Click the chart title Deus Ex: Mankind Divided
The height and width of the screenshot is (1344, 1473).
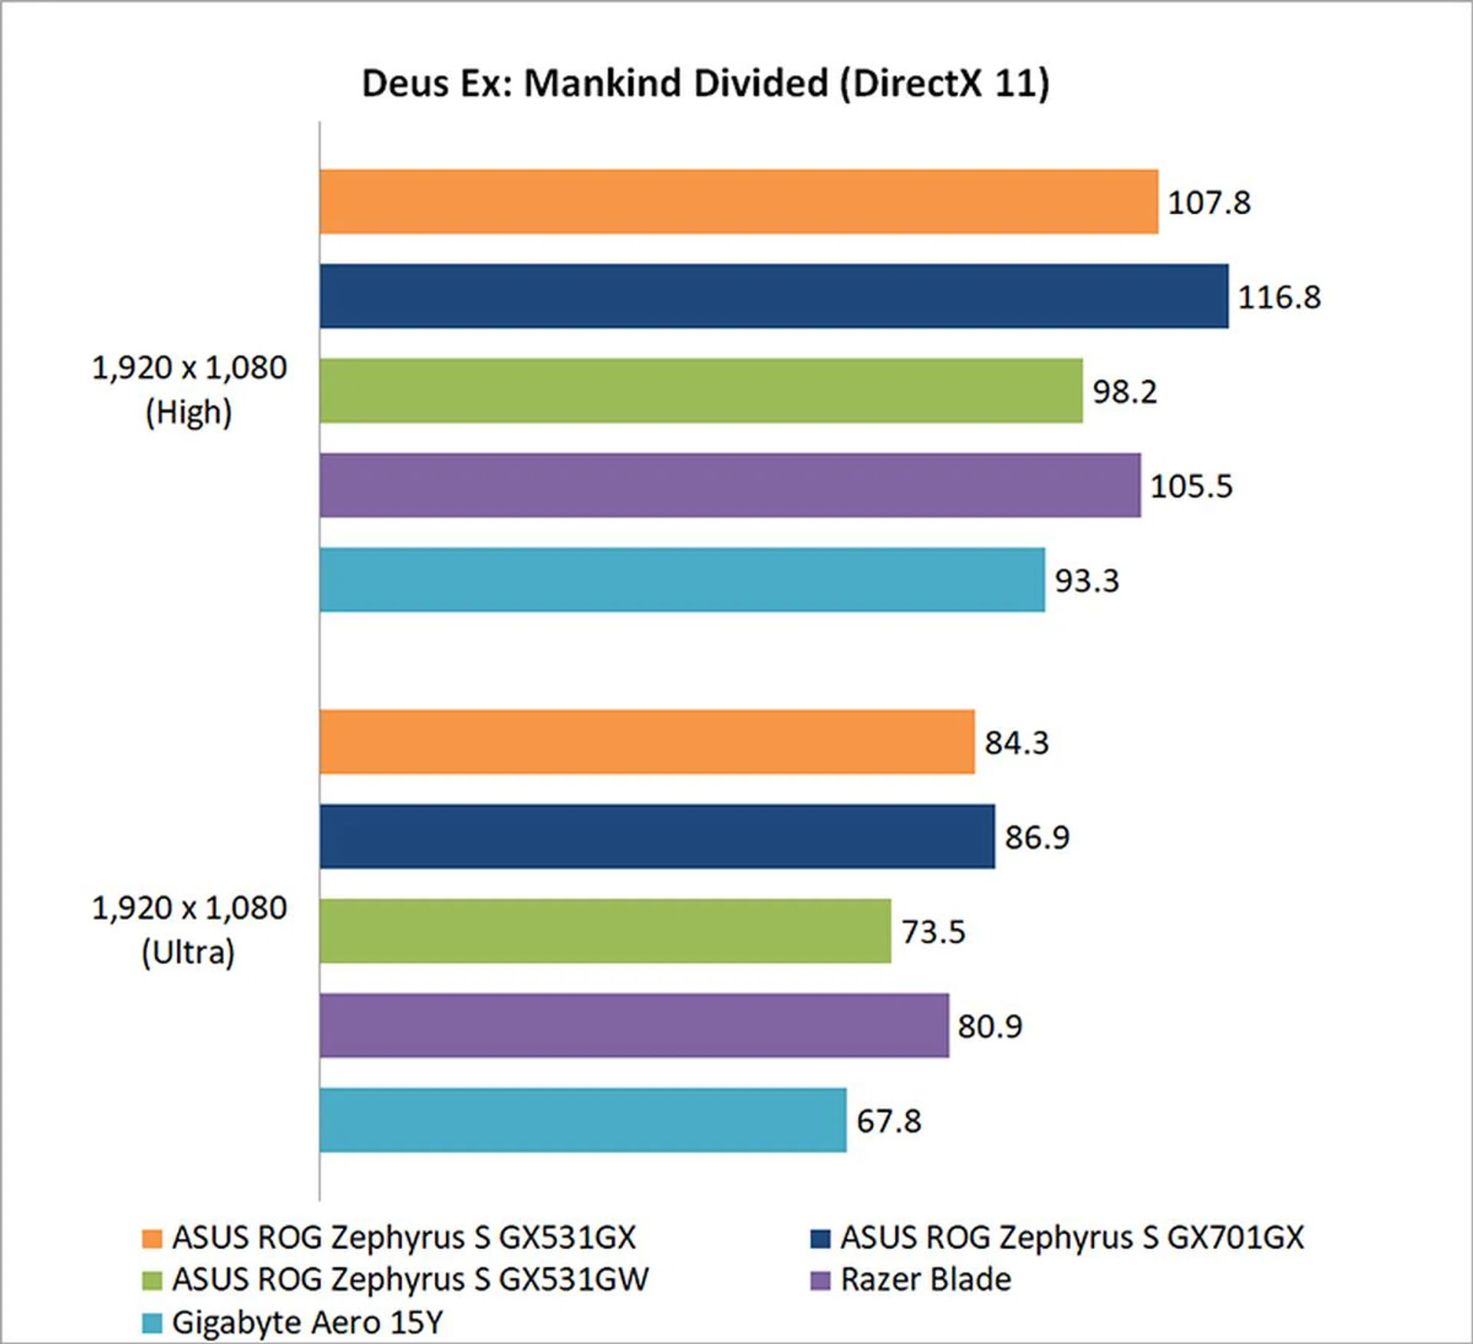click(705, 83)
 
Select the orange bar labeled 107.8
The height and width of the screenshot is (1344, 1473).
click(738, 202)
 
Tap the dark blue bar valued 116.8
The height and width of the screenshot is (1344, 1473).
click(773, 296)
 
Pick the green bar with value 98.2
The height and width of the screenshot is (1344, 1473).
click(700, 390)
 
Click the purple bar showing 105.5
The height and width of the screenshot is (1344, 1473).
click(730, 485)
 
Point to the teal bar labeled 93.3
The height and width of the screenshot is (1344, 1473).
click(681, 580)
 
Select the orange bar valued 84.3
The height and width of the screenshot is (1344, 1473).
click(647, 742)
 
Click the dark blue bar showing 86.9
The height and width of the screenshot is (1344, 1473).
click(657, 836)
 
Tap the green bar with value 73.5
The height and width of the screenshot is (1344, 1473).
click(605, 931)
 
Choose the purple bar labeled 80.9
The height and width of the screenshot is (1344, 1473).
click(634, 1025)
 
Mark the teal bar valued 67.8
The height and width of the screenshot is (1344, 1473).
click(583, 1120)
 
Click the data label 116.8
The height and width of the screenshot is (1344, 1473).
click(1279, 297)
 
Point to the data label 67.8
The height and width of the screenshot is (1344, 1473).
click(888, 1121)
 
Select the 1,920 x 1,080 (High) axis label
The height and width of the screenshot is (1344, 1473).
click(189, 390)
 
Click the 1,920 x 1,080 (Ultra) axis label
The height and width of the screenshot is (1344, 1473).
click(189, 930)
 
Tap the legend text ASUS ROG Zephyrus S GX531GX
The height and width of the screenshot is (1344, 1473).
click(404, 1237)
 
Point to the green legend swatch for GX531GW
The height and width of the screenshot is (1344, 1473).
click(152, 1280)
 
